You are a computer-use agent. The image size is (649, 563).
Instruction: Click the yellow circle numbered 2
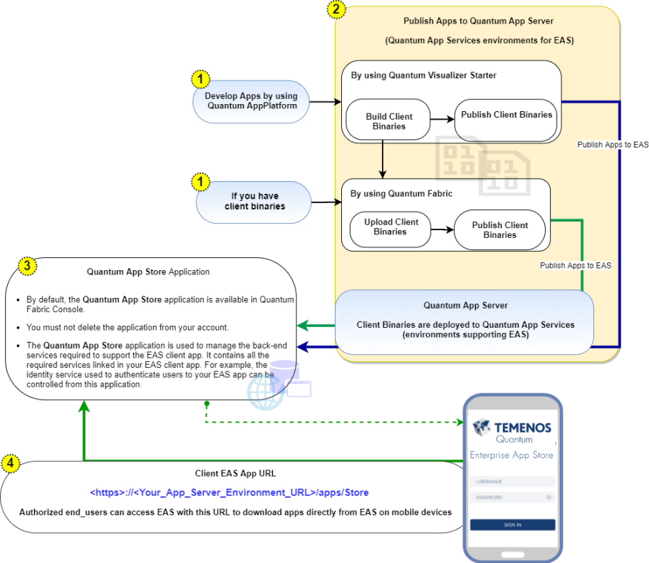click(x=336, y=9)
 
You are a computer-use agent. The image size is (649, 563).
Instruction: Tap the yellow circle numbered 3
click(x=27, y=266)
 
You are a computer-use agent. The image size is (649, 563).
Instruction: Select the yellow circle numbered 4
click(x=11, y=463)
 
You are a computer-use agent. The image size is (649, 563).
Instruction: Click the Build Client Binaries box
click(x=388, y=120)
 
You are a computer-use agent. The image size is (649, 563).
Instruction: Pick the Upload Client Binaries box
click(x=390, y=229)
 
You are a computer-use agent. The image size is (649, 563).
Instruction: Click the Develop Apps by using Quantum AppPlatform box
click(x=251, y=101)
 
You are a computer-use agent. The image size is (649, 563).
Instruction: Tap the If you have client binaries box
click(x=254, y=202)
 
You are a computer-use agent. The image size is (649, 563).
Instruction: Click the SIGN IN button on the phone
click(x=512, y=525)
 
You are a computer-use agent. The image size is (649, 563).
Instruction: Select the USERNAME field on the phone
click(x=512, y=482)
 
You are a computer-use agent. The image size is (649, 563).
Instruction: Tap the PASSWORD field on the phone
click(x=512, y=497)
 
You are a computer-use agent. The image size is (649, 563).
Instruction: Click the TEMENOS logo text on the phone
click(x=523, y=428)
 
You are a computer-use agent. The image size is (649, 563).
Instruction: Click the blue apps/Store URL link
click(x=229, y=492)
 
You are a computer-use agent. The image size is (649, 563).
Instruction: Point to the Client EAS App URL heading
click(x=235, y=474)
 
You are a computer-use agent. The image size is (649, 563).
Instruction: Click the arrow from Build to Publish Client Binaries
click(x=442, y=119)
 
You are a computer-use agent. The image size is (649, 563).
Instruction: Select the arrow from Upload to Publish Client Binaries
click(x=442, y=229)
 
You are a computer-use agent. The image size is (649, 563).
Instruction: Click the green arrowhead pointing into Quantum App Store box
click(x=303, y=326)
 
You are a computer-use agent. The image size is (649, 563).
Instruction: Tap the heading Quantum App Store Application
click(x=148, y=272)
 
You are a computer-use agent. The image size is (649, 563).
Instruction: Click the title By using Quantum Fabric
click(x=401, y=194)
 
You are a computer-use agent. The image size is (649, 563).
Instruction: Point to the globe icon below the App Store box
click(x=265, y=392)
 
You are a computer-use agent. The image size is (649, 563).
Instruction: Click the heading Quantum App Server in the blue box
click(x=465, y=306)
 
